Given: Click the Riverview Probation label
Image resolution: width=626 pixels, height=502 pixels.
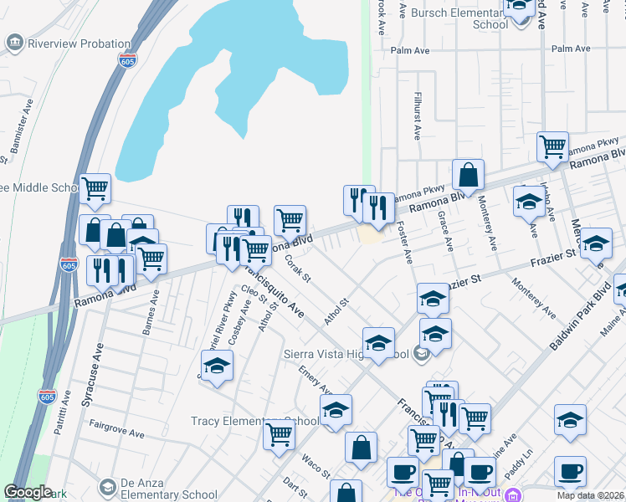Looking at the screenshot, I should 80,44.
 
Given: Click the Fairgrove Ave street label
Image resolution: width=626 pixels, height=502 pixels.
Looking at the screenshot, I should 116,423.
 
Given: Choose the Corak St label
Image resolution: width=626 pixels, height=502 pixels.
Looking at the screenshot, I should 298,268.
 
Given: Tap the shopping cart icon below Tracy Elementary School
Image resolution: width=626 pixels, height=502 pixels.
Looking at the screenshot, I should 279,434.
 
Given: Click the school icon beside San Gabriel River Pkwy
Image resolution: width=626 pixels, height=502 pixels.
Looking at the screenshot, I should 217,366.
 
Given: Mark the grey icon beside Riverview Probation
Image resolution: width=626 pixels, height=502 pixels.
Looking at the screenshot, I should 13,43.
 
